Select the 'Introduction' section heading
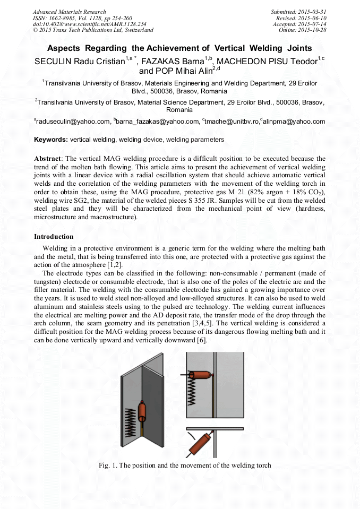click(x=54, y=236)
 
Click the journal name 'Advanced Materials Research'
click(x=69, y=12)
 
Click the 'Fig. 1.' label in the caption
click(x=108, y=465)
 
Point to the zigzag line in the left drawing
click(x=130, y=419)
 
